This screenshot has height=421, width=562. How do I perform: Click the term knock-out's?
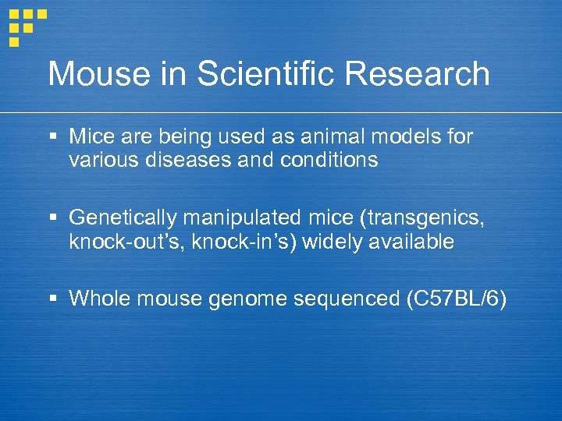coord(122,242)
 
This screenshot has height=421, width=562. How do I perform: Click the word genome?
coord(247,299)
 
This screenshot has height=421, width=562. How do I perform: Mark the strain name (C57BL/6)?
coord(457,299)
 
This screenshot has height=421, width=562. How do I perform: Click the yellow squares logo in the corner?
coord(26,26)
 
